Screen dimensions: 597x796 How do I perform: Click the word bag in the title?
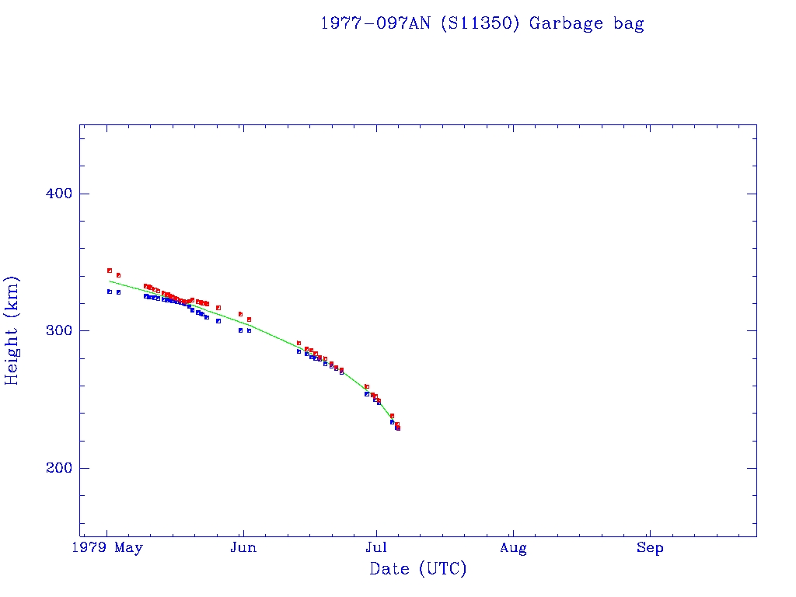628,24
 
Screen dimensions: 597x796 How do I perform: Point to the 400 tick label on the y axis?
53,194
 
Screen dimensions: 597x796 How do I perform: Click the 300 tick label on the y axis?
53,331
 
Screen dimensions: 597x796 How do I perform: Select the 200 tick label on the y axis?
53,468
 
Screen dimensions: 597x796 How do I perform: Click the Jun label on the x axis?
243,548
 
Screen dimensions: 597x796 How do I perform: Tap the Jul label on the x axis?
377,548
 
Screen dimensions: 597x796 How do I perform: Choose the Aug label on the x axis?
513,548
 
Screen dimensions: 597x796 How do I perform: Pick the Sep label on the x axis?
650,548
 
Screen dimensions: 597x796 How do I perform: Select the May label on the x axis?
128,548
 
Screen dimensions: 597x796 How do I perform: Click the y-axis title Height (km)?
12,330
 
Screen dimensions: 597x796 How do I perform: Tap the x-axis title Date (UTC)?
418,569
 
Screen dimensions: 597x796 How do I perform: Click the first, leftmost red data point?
110,271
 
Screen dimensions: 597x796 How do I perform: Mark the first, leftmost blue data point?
110,292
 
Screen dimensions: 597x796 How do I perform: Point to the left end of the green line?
110,281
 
